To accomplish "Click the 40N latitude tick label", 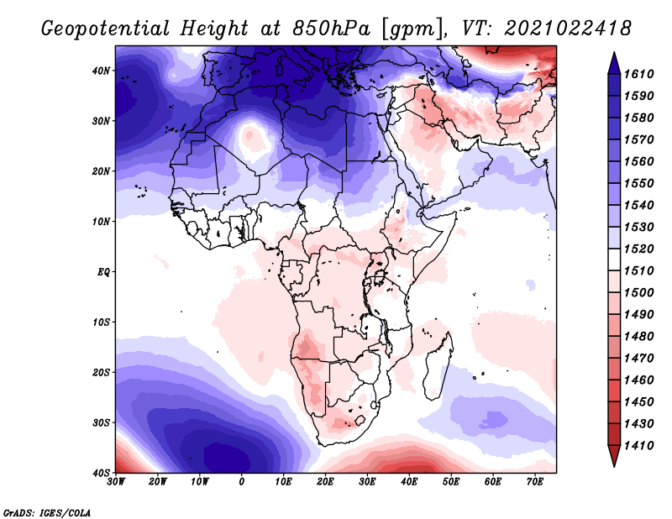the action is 101,71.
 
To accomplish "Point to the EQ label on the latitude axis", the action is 103,272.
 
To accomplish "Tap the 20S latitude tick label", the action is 101,372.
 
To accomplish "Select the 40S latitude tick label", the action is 101,473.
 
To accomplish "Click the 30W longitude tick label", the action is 116,482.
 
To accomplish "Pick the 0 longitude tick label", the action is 242,482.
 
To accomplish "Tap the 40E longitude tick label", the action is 409,482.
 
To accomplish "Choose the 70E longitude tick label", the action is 535,482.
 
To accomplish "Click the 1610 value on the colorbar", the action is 638,74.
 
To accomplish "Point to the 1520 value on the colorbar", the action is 638,249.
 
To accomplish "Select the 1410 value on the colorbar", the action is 638,446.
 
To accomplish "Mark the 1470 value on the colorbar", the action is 638,359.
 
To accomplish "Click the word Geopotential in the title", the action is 107,29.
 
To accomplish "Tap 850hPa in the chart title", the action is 332,29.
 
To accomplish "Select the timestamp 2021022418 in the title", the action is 568,29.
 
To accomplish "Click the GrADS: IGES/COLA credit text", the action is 47,513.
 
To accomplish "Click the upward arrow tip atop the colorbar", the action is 614,53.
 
